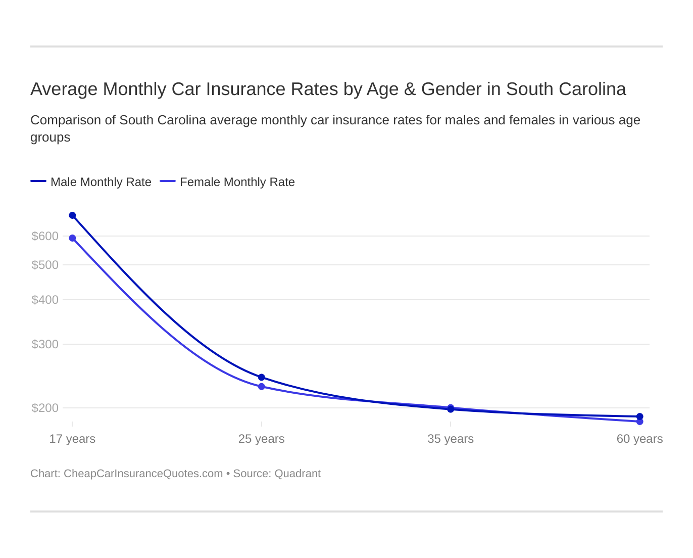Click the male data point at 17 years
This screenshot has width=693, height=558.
(x=72, y=215)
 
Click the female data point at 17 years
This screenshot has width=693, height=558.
(x=72, y=238)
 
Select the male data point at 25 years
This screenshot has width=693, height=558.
(x=262, y=377)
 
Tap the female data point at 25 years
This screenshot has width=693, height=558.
(x=262, y=387)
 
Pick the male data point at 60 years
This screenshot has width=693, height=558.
(x=639, y=416)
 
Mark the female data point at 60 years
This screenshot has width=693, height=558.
(x=639, y=422)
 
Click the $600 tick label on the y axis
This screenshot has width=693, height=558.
(x=45, y=236)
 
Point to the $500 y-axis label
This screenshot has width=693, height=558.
(x=45, y=265)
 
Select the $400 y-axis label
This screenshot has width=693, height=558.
(x=45, y=300)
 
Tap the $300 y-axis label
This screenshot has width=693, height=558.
(x=45, y=344)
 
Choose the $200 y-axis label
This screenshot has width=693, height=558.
(x=45, y=408)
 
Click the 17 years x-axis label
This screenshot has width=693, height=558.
(x=72, y=439)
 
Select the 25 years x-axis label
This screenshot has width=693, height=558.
(x=262, y=439)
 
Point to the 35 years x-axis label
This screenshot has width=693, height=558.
(x=451, y=439)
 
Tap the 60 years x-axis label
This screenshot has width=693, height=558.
(x=639, y=439)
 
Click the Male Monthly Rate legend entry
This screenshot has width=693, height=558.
(x=101, y=182)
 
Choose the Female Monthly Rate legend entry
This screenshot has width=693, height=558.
(x=237, y=182)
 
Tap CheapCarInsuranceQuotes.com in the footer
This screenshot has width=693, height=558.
(x=143, y=474)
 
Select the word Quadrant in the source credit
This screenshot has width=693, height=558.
(x=298, y=474)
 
